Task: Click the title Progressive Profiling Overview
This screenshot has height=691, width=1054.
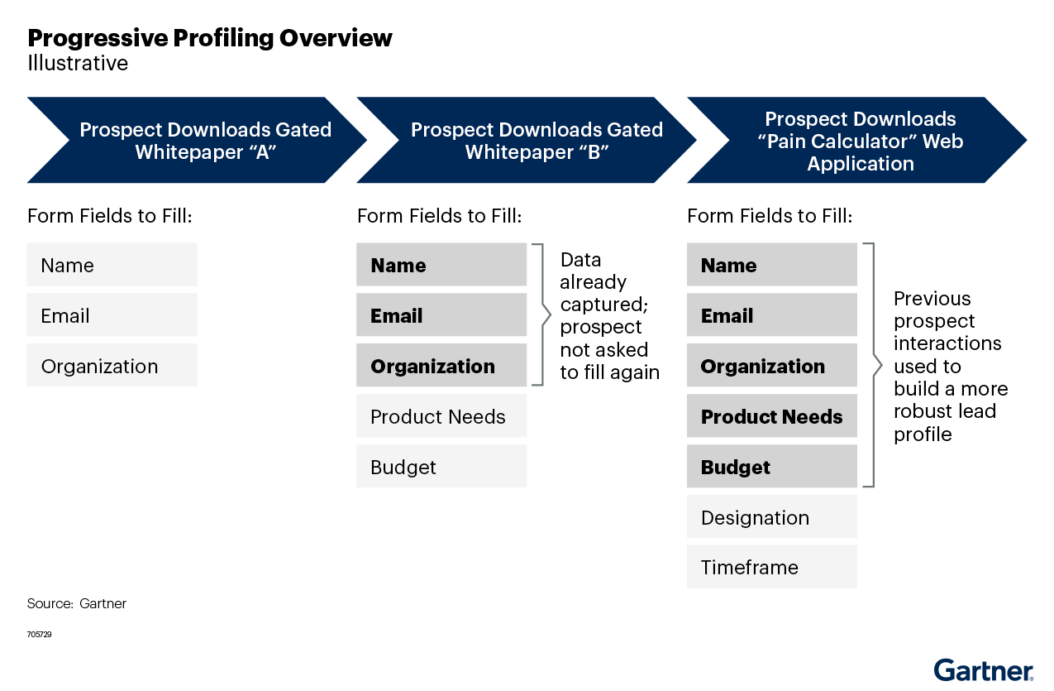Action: click(x=210, y=38)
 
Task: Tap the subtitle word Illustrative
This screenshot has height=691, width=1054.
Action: click(x=78, y=64)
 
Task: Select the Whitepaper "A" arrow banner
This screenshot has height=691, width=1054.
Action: click(x=196, y=141)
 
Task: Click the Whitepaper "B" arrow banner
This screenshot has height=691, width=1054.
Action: click(x=527, y=141)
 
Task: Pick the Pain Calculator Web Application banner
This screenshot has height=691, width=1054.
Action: click(x=857, y=141)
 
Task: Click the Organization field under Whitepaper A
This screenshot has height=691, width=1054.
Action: click(x=112, y=366)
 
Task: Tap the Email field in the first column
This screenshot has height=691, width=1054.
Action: click(x=112, y=315)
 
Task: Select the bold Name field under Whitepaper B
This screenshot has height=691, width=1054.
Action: click(x=441, y=265)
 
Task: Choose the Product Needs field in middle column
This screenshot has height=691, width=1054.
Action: click(x=441, y=416)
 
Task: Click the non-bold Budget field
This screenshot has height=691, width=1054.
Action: click(x=441, y=467)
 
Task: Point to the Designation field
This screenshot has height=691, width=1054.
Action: click(x=771, y=517)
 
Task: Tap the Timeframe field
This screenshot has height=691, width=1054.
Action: click(x=771, y=567)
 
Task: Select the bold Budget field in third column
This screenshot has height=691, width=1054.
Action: click(x=771, y=467)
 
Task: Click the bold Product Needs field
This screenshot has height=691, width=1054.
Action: click(x=771, y=416)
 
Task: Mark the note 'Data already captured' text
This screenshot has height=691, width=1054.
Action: click(x=609, y=315)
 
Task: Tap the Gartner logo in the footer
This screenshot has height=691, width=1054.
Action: click(x=983, y=670)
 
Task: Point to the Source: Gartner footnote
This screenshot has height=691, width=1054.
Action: click(x=76, y=603)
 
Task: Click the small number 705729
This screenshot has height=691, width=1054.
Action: click(x=39, y=634)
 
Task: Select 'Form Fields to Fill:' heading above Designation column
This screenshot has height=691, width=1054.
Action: click(x=770, y=216)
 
